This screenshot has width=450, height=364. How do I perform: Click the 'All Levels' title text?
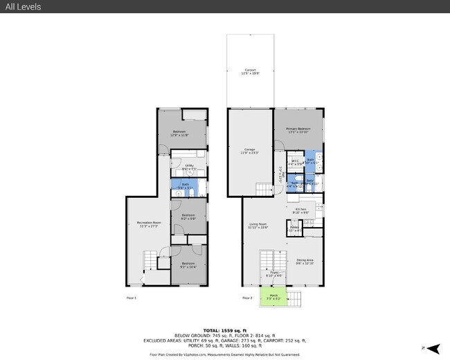[23, 7]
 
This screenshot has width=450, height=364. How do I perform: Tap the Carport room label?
[250, 71]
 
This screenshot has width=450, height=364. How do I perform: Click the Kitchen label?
[301, 210]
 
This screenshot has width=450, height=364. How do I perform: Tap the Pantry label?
[294, 228]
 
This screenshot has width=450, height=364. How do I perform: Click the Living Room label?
[258, 226]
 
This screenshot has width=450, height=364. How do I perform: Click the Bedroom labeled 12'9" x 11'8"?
[179, 134]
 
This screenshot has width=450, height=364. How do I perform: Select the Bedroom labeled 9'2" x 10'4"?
[189, 265]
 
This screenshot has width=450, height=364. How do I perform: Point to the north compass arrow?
[433, 348]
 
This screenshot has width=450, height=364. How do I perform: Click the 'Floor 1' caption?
[131, 298]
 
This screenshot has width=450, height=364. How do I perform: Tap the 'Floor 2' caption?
[247, 298]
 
